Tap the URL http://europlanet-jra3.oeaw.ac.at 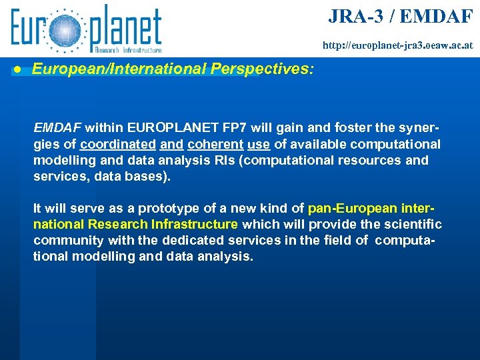coord(397,46)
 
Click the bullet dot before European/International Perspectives coord(21,69)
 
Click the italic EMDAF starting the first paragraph coord(57,127)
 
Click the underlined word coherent coord(209,144)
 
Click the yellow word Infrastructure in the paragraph coord(196,225)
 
